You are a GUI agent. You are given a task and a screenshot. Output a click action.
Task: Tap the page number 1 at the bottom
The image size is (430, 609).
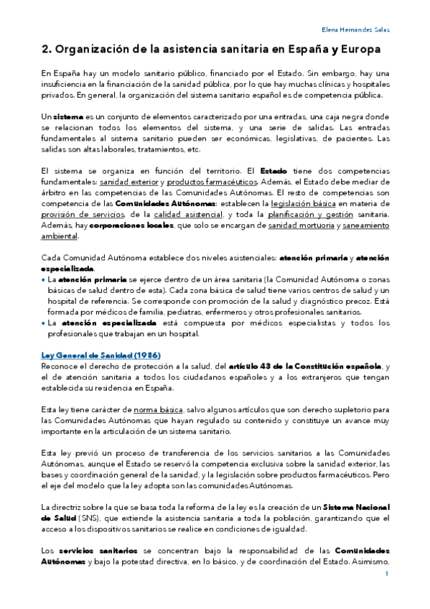point(387,574)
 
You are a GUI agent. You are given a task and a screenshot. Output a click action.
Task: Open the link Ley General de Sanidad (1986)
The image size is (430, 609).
point(100,356)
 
